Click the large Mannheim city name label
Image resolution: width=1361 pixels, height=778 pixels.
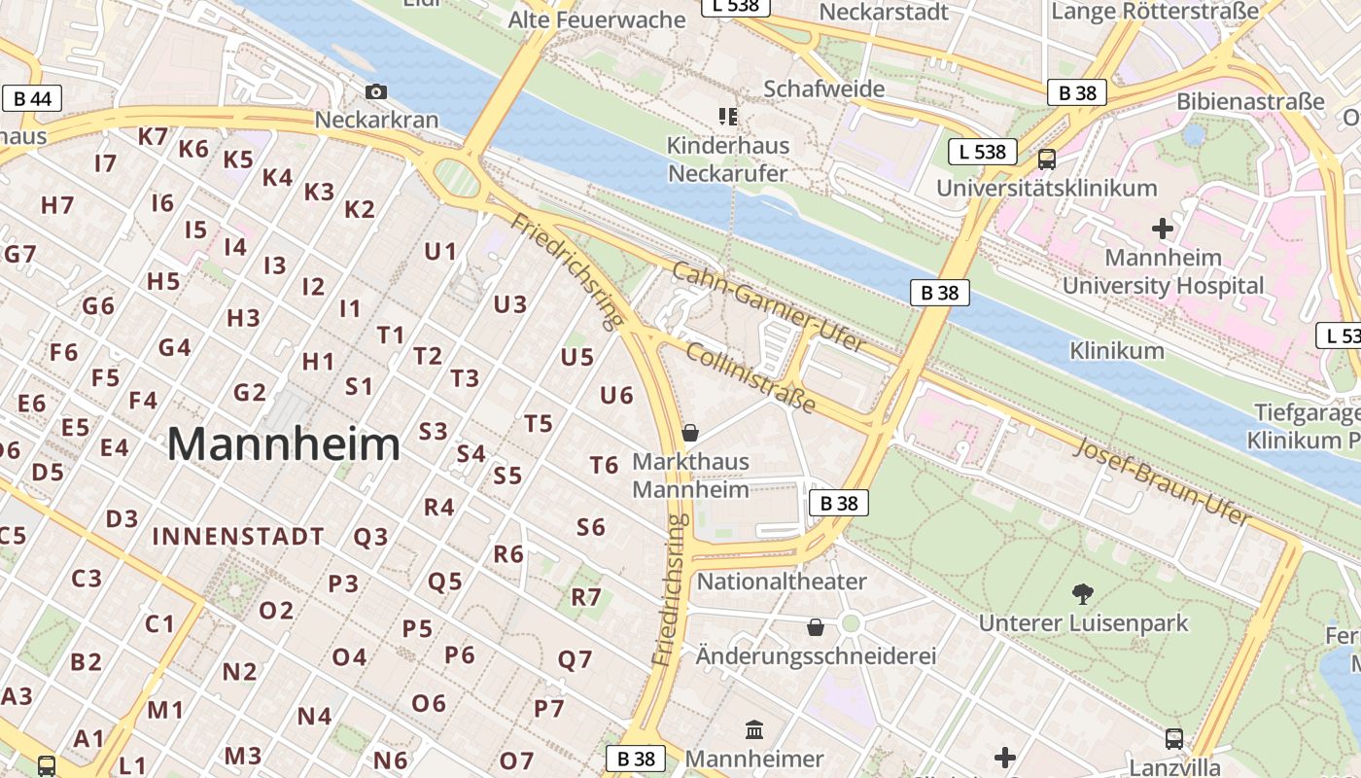pos(283,444)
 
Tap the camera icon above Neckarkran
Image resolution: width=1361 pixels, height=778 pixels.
pos(376,92)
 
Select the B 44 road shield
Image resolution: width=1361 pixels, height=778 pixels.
pos(33,98)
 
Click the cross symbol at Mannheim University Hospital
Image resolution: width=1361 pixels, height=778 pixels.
pos(1162,230)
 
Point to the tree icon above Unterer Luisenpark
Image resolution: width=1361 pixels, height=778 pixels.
pos(1082,593)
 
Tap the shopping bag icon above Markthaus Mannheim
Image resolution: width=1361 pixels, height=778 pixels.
pos(690,432)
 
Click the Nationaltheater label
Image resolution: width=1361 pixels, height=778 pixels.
pos(782,582)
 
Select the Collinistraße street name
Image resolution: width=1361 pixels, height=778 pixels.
pos(750,376)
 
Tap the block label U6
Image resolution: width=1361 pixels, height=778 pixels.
pos(616,395)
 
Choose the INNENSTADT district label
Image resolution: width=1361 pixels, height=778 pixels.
pos(238,536)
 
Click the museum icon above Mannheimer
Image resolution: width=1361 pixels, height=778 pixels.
pos(754,729)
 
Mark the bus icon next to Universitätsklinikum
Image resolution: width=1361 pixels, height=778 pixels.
pos(1047,159)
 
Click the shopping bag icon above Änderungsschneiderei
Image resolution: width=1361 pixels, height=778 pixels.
pos(816,627)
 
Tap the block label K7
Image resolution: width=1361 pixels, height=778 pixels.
pos(153,136)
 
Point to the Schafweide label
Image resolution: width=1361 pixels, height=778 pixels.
pos(823,88)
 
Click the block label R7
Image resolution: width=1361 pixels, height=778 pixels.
pos(586,596)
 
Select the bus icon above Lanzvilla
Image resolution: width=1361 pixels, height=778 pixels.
pos(1174,738)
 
